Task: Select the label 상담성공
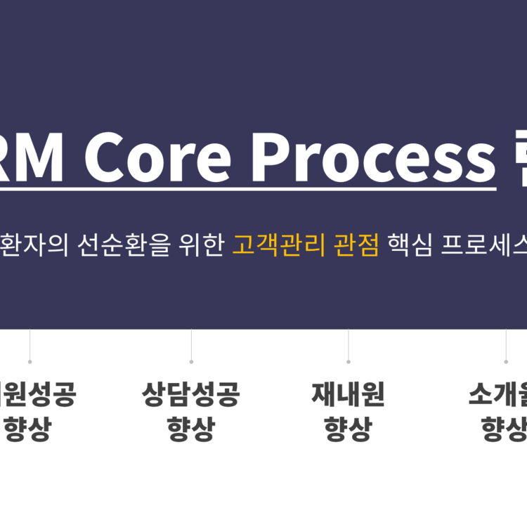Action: click(191, 395)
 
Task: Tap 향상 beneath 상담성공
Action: click(191, 428)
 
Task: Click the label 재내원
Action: click(348, 395)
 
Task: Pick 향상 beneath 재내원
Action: click(348, 428)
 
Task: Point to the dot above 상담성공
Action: click(191, 362)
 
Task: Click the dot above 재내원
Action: click(348, 362)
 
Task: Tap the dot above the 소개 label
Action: click(506, 362)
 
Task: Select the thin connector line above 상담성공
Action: click(191, 344)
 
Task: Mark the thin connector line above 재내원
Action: click(348, 344)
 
